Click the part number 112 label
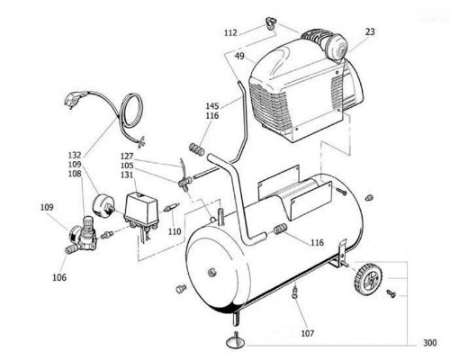230,32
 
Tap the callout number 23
370,31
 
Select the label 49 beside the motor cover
239,56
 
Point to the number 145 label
212,106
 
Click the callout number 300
430,343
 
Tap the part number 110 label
175,231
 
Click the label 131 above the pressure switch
127,175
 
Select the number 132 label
75,155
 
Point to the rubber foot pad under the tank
236,340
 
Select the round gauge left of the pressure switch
103,205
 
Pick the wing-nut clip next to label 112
272,23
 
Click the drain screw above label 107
295,292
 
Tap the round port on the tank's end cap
212,272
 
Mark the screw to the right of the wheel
391,293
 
